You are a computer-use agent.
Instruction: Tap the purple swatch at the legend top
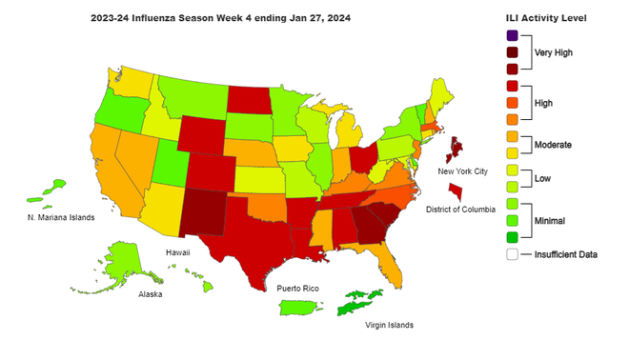coord(513,36)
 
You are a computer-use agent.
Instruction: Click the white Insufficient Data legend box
coord(513,254)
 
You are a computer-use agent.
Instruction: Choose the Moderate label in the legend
coord(553,145)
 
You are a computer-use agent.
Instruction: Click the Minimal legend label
coord(551,220)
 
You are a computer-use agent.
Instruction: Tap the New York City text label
coord(462,171)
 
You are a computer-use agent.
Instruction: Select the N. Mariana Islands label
coord(60,217)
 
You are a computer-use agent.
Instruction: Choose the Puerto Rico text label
coord(297,288)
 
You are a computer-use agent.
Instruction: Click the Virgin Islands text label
coord(390,325)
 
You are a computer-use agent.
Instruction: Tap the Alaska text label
coord(150,294)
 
